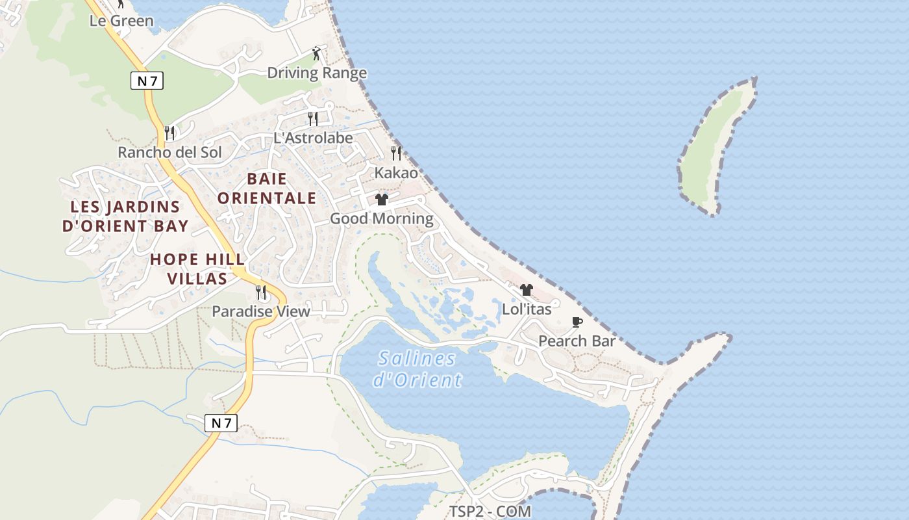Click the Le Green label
coord(121,21)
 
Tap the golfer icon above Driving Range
coord(316,53)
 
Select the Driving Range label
coord(317,73)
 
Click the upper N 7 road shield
coord(147,81)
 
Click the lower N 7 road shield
coord(221,423)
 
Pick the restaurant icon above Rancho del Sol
coord(169,133)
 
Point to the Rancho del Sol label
coord(169,153)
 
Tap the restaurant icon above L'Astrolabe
coord(313,118)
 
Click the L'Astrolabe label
coord(313,138)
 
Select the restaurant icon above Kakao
coord(396,153)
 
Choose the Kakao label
coord(396,173)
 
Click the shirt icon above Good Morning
coord(382,200)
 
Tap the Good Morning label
coord(382,218)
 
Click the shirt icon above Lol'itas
coord(527,290)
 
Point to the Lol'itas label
coord(527,309)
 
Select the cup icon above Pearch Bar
coord(577,322)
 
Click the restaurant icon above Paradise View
coord(261,292)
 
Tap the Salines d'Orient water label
coord(417,369)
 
